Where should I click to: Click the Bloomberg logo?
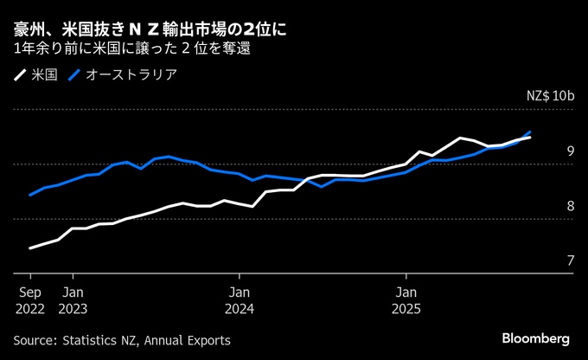click(x=536, y=337)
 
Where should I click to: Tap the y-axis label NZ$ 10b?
click(x=550, y=96)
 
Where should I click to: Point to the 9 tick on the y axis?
click(x=570, y=151)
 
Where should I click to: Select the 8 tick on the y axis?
click(x=570, y=206)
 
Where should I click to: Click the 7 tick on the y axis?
click(x=570, y=260)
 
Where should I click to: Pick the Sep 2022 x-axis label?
click(x=30, y=299)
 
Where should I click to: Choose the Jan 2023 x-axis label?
click(x=73, y=299)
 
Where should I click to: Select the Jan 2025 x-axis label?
click(x=405, y=299)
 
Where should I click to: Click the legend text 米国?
click(x=43, y=74)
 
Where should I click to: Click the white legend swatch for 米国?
click(x=20, y=74)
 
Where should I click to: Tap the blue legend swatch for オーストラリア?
click(x=75, y=74)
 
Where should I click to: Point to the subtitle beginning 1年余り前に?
click(x=132, y=49)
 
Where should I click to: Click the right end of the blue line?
click(x=530, y=132)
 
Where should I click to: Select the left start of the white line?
click(x=30, y=248)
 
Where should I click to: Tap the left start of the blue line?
click(x=30, y=195)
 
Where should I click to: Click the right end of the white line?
click(x=530, y=138)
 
